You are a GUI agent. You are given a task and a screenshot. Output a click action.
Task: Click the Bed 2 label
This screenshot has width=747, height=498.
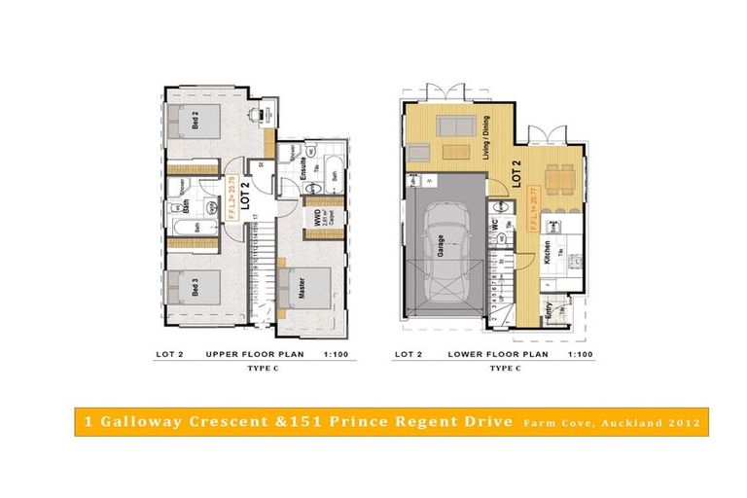[196, 122]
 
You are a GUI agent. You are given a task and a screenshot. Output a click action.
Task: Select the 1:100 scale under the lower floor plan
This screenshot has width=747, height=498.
[579, 355]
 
